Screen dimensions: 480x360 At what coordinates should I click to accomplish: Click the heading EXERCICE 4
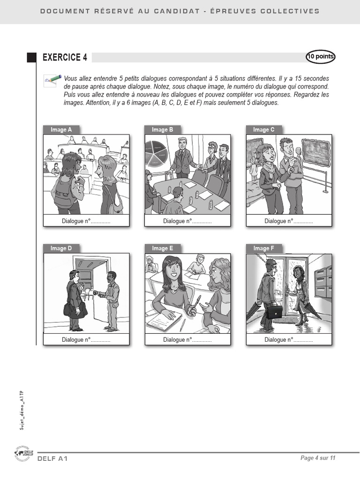65,58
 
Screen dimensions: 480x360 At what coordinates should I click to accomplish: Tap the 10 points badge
321,57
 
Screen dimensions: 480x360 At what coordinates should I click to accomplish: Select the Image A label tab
61,130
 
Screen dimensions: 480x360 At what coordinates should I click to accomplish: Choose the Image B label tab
163,130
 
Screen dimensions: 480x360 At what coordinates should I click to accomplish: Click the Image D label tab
61,248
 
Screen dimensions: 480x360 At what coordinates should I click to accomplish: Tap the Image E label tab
163,248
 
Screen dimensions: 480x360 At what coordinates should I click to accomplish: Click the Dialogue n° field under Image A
86,221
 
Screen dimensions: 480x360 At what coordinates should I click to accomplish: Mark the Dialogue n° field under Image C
289,221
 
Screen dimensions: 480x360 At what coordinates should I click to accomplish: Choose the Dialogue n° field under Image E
187,340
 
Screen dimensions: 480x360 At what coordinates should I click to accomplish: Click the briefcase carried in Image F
275,311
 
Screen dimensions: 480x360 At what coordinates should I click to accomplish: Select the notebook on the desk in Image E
164,322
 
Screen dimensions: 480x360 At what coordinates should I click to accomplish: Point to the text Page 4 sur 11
318,458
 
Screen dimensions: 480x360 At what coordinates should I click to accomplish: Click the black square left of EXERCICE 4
31,58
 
